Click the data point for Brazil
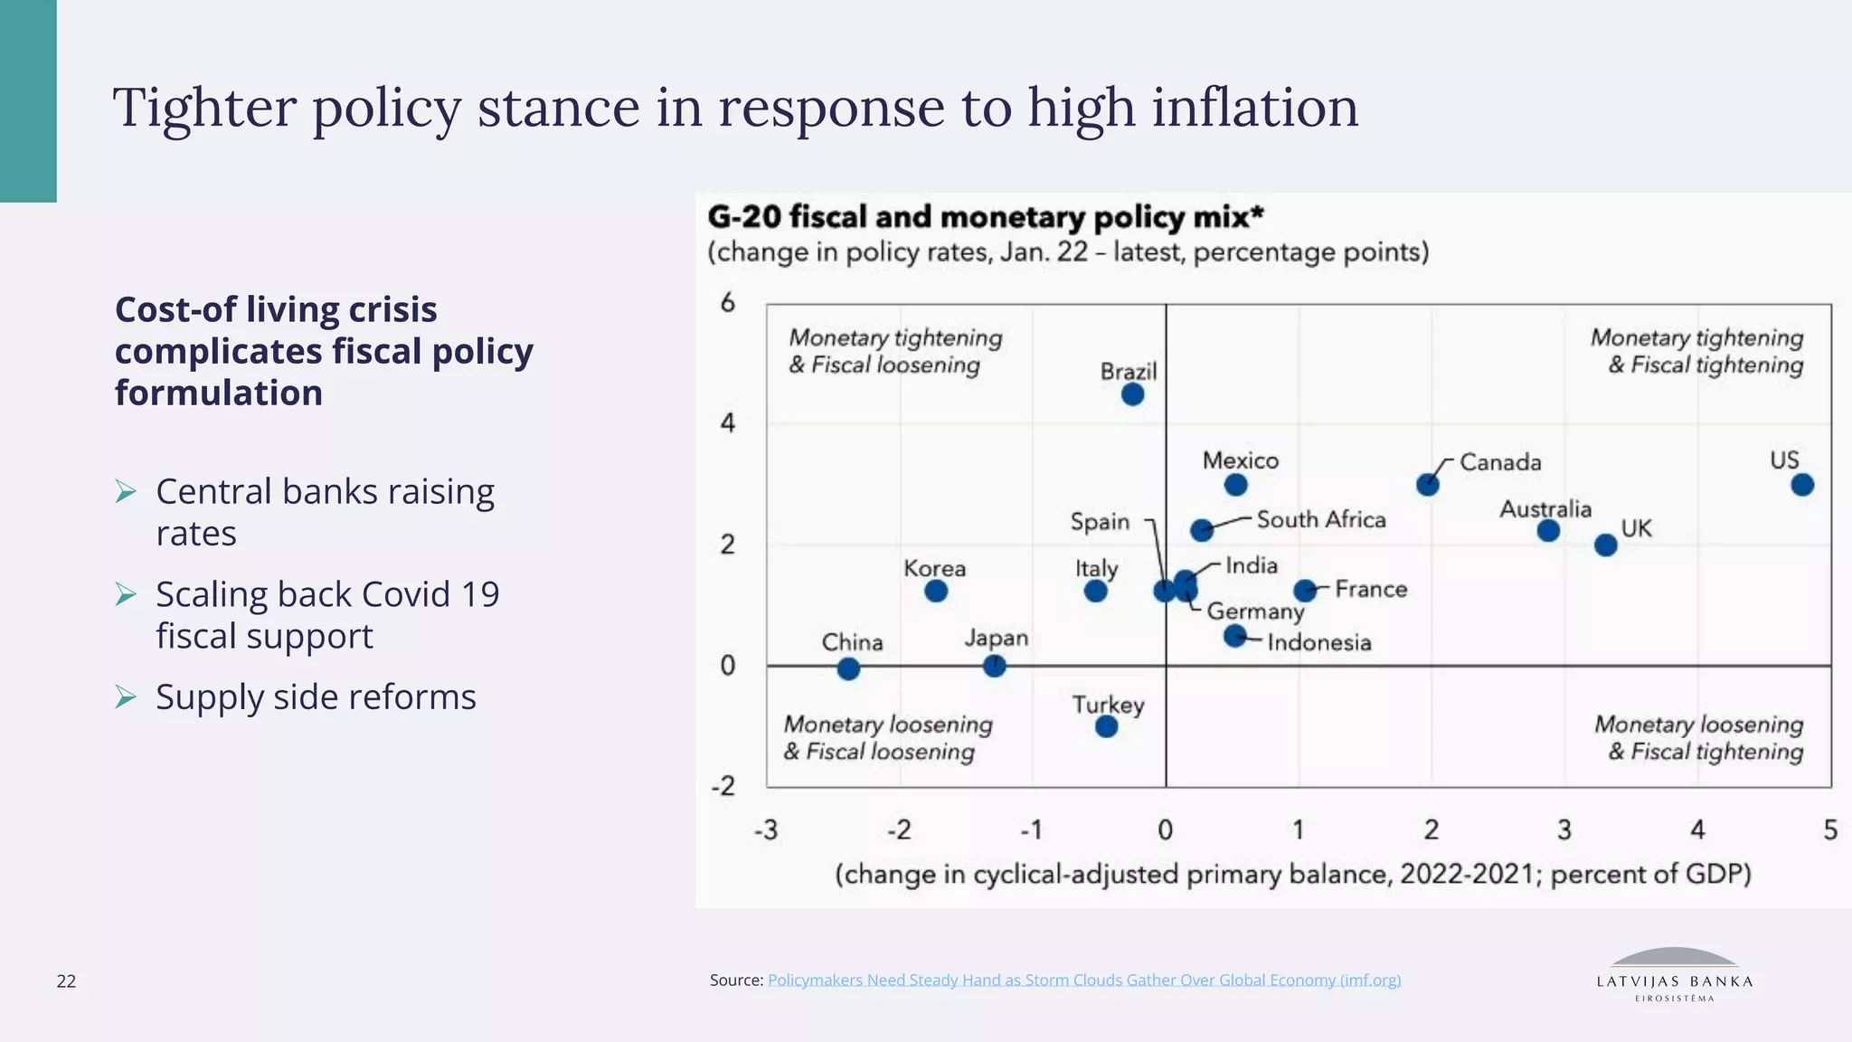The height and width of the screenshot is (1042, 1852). coord(1132,394)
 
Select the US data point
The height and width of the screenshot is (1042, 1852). coord(1801,485)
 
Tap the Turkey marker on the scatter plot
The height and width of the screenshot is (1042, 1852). coord(1106,726)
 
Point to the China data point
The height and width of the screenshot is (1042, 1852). coord(848,668)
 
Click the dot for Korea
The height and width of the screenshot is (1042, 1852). coord(936,591)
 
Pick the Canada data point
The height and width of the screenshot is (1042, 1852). coord(1427,485)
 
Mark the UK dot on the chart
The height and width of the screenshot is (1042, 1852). coord(1605,545)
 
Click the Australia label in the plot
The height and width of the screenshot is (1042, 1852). coord(1545,509)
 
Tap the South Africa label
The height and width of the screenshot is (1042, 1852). coord(1320,519)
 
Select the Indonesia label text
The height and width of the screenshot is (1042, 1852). coord(1318,642)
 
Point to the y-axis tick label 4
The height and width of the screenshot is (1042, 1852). coord(728,422)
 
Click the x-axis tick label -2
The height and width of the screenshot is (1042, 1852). coord(899,829)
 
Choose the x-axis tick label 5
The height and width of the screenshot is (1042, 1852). coord(1830,829)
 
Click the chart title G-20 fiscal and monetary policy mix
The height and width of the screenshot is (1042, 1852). coord(985,217)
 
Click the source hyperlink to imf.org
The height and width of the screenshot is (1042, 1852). coord(1083,980)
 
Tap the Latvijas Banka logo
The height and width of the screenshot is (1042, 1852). coord(1674,975)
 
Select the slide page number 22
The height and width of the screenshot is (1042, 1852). coord(66,981)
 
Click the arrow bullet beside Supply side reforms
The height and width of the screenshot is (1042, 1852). coord(126,697)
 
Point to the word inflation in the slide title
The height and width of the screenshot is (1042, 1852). coord(1254,107)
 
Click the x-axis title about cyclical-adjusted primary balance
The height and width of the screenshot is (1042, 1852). coord(1292,874)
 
